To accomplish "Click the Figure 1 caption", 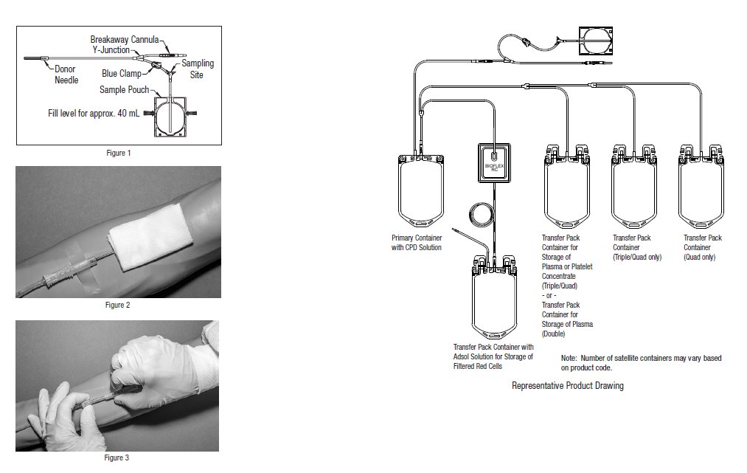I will (118, 153).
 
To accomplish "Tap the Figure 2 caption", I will (118, 305).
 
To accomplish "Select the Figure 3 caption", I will (118, 458).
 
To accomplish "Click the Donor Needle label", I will (66, 75).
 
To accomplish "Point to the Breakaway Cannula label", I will (125, 38).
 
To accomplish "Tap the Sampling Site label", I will (198, 69).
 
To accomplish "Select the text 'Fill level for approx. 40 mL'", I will (94, 114).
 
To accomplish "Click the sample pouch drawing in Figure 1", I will (171, 114).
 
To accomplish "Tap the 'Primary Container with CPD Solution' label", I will (417, 243).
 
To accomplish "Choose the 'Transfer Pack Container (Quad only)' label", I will (703, 243).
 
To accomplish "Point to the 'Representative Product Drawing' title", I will (567, 386).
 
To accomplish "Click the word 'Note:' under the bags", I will (571, 358).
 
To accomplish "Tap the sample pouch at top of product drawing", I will (598, 41).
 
